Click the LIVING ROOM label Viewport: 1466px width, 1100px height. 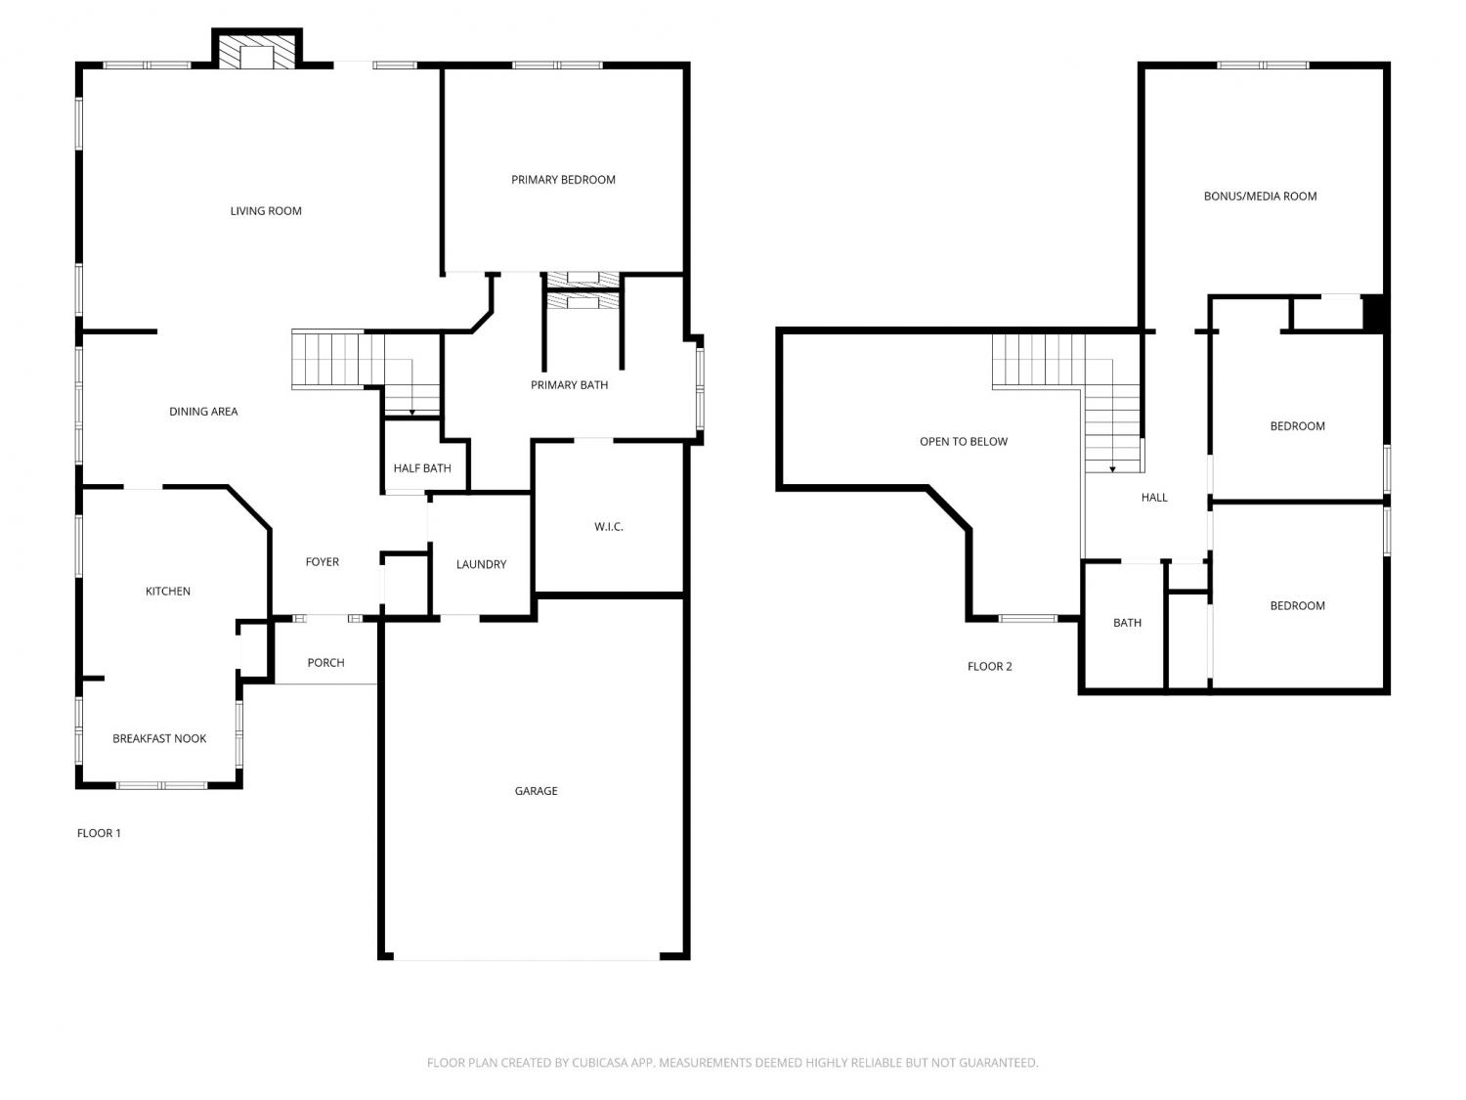tap(266, 211)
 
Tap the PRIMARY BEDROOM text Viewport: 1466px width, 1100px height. tap(563, 180)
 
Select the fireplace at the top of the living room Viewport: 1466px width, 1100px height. tap(256, 49)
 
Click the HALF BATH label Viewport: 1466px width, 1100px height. tap(422, 468)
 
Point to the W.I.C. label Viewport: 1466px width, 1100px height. tap(609, 527)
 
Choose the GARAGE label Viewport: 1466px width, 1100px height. tap(536, 791)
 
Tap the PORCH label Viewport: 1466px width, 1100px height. tap(325, 663)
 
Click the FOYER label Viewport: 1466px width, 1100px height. tap(322, 561)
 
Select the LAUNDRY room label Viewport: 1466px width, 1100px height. tap(481, 564)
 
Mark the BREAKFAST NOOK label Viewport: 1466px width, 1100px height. tap(159, 738)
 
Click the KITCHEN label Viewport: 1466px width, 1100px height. tap(168, 592)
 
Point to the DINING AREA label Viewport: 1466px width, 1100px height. tap(203, 412)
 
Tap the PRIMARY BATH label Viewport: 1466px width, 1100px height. tap(569, 384)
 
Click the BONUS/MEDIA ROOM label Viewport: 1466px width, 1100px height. tap(1261, 197)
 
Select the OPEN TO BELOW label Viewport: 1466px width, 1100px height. tap(963, 442)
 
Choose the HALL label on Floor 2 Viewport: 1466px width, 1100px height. tap(1154, 498)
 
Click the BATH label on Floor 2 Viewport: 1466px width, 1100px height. tap(1127, 623)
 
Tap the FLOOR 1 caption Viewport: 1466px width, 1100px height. tap(99, 833)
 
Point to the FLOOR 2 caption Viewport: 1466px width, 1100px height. tap(990, 667)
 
